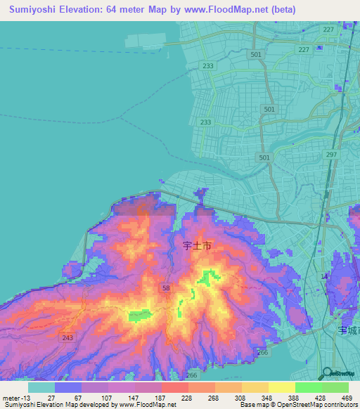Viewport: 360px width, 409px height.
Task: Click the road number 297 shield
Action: [x=332, y=154]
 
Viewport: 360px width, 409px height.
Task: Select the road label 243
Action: [x=67, y=338]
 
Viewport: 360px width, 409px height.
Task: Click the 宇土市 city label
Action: [x=197, y=246]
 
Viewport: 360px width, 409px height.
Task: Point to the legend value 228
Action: [x=188, y=397]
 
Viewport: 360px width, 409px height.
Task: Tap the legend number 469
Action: [x=346, y=397]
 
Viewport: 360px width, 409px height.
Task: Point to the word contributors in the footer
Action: [x=340, y=405]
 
